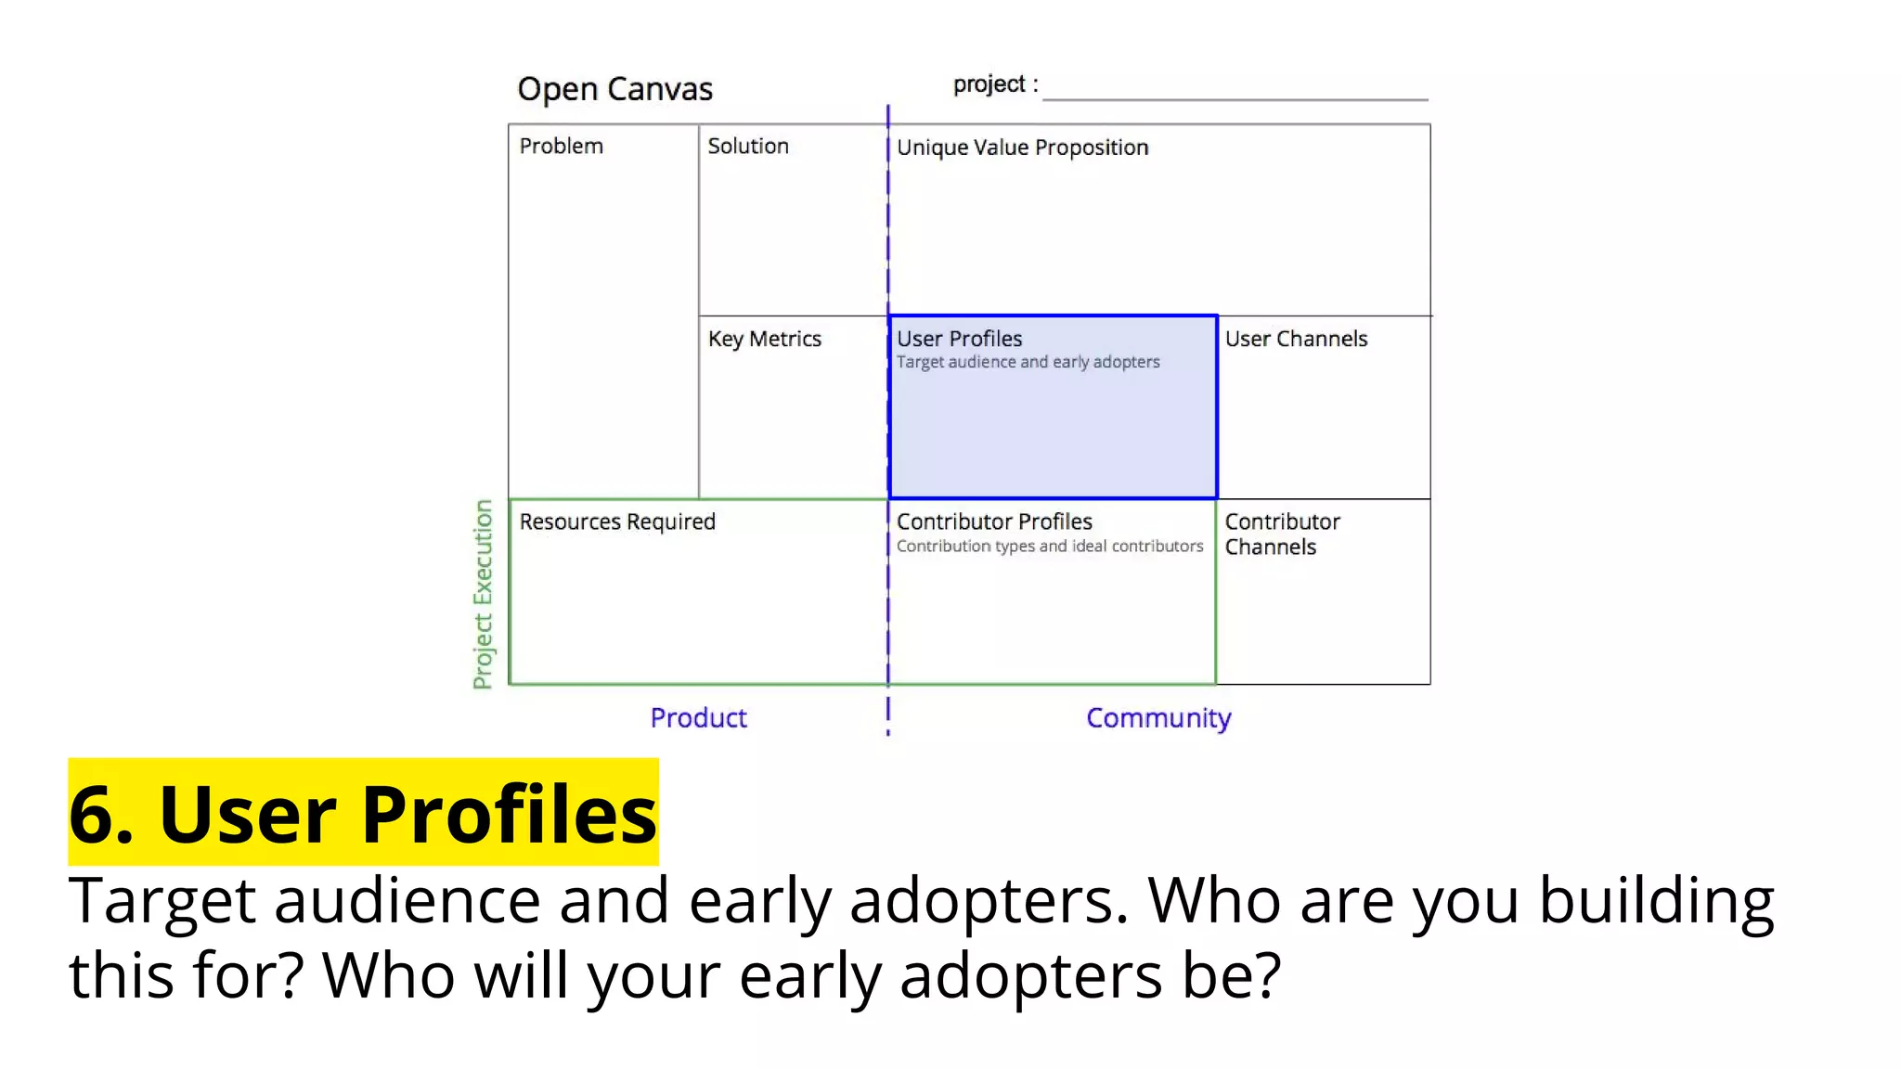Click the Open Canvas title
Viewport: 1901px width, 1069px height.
(x=614, y=89)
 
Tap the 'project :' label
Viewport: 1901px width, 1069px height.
(x=995, y=84)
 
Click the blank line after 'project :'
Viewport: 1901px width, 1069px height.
(x=1235, y=93)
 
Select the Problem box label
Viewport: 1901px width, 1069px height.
(x=561, y=147)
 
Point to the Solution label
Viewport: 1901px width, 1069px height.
(x=748, y=147)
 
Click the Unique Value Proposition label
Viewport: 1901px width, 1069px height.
(x=1022, y=148)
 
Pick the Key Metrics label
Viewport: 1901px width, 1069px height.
(x=764, y=339)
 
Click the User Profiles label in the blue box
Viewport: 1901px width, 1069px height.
(x=959, y=339)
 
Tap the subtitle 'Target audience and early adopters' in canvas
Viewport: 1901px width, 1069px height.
(x=1028, y=362)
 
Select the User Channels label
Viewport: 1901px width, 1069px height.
(x=1296, y=339)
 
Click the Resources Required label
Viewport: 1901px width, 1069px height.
(x=617, y=522)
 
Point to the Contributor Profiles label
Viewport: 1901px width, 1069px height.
(x=994, y=522)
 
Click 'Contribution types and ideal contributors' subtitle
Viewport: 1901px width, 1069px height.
(x=1049, y=547)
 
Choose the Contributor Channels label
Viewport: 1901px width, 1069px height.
(x=1281, y=534)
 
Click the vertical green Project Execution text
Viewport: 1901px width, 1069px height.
(x=483, y=594)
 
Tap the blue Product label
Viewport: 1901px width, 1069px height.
(x=698, y=717)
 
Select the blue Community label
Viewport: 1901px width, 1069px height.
(x=1158, y=718)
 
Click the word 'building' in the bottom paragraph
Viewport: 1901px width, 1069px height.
(x=1656, y=901)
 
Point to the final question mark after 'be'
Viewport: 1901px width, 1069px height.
(x=1267, y=974)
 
